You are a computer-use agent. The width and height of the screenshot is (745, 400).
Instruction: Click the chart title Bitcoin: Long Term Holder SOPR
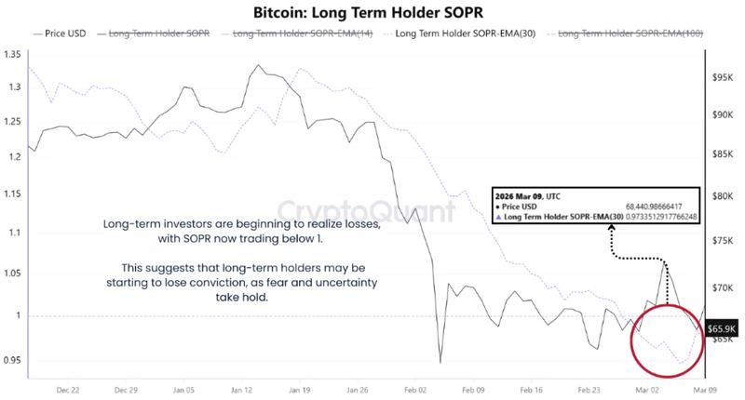click(372, 13)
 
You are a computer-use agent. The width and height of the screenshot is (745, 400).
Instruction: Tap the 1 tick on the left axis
click(17, 316)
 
